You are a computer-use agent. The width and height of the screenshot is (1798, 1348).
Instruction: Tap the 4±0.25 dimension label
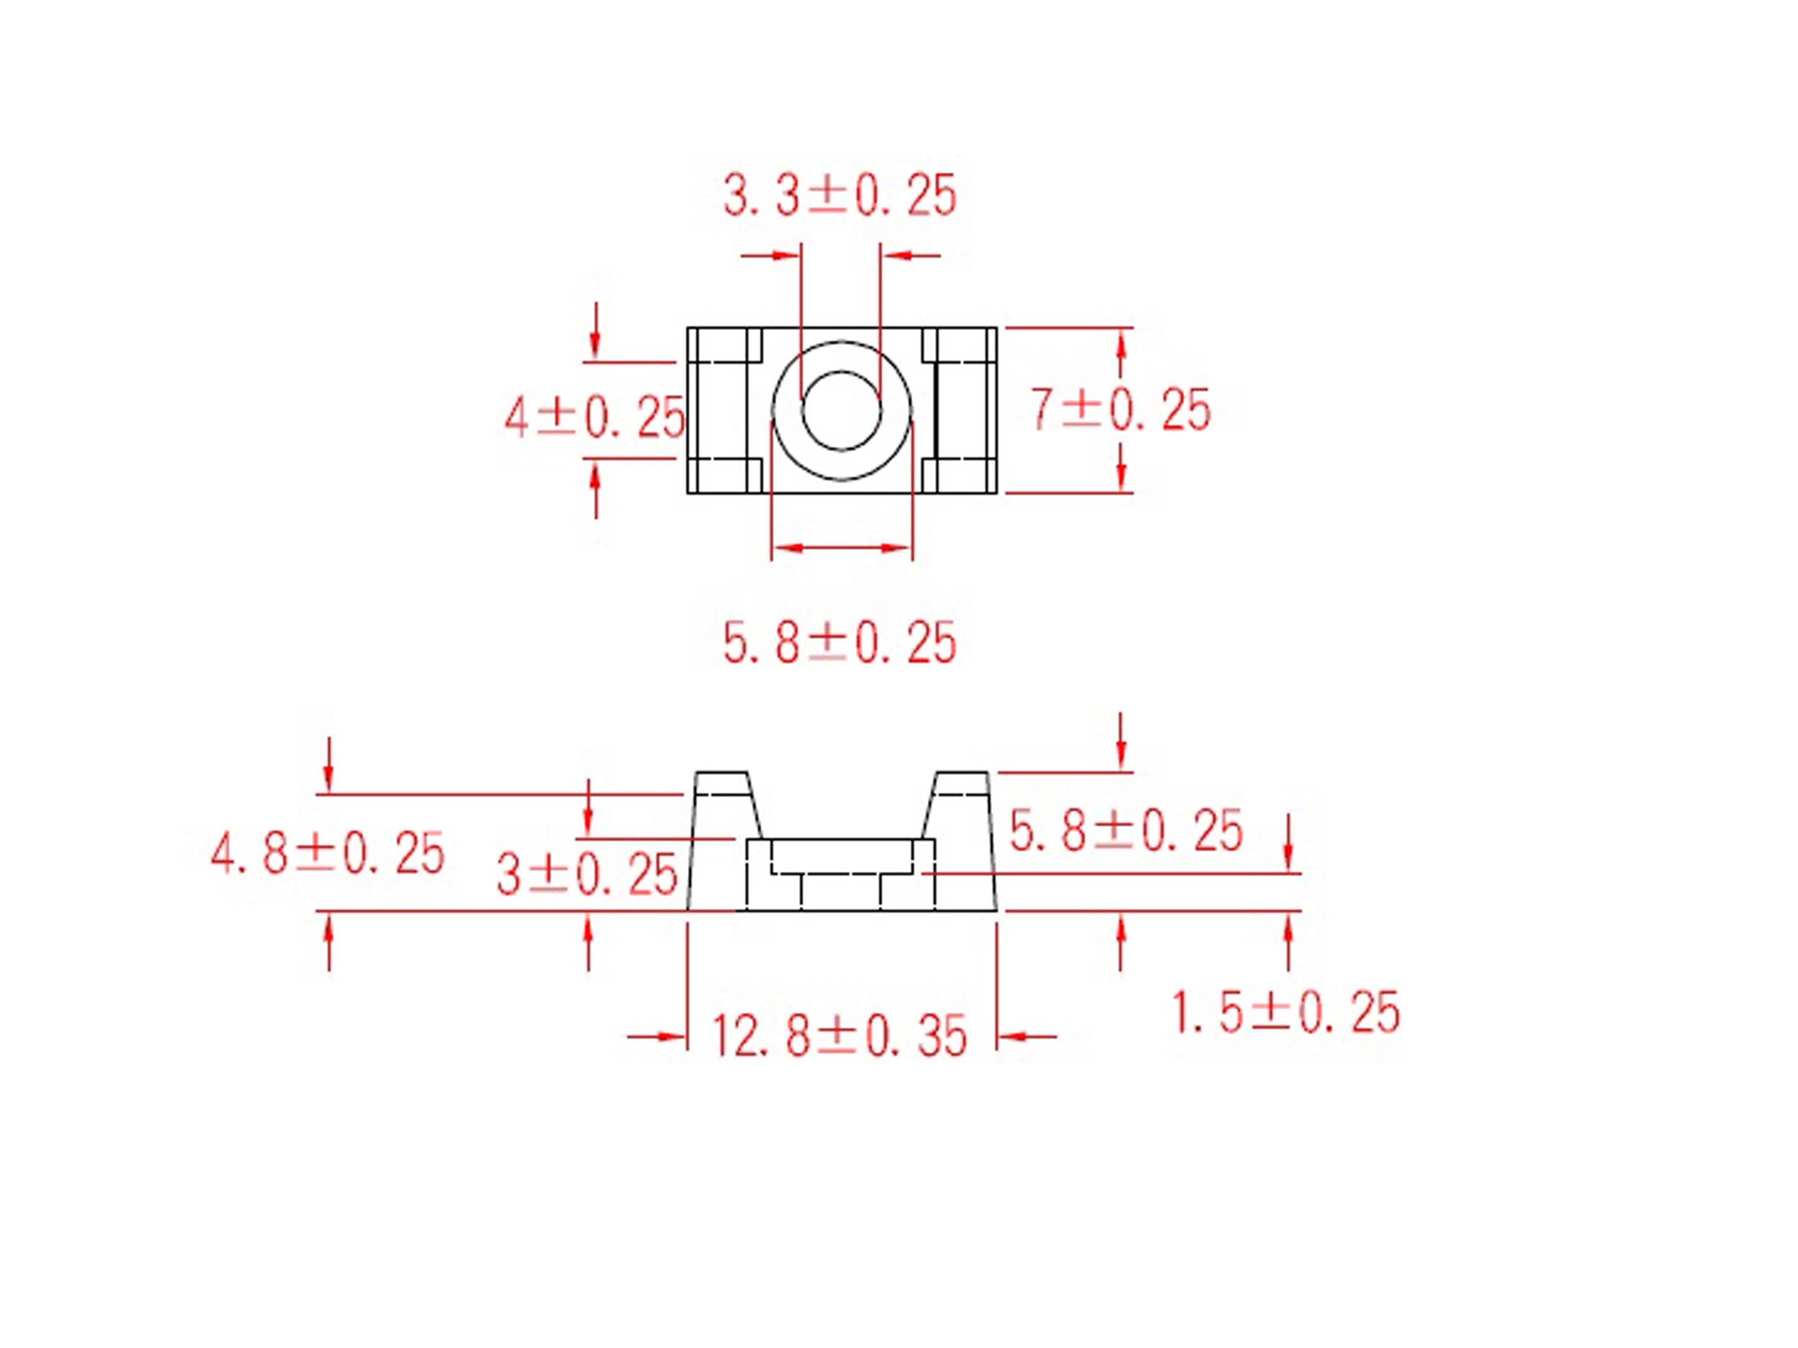(x=594, y=418)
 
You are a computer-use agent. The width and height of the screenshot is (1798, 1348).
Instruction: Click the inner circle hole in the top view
(x=841, y=410)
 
